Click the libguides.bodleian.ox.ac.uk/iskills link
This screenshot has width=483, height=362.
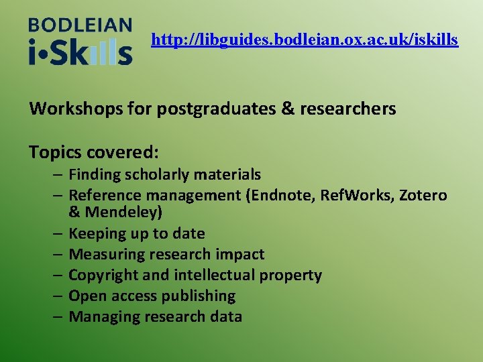[x=305, y=40]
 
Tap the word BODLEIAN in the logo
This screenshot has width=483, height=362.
[x=80, y=26]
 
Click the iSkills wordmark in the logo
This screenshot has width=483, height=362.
[x=80, y=52]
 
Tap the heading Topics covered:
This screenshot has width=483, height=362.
[x=94, y=152]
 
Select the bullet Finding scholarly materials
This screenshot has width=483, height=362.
[x=164, y=175]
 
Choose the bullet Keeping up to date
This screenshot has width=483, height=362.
[x=136, y=234]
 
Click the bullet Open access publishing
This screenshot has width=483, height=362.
[x=152, y=296]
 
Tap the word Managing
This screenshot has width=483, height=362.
[x=101, y=317]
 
